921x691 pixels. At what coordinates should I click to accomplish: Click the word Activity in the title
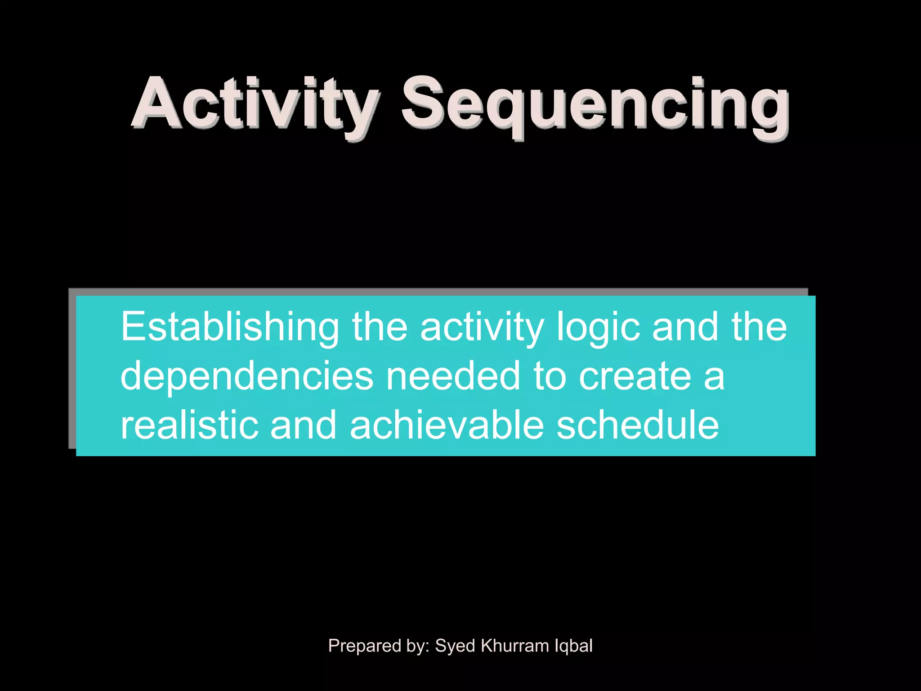point(255,104)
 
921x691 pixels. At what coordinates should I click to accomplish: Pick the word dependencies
point(246,376)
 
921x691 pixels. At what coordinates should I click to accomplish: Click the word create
point(635,376)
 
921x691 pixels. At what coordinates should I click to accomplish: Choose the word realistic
point(189,425)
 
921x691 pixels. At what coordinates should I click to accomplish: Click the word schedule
point(638,425)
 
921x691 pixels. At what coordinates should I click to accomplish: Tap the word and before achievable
point(304,425)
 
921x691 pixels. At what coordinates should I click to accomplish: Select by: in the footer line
point(418,646)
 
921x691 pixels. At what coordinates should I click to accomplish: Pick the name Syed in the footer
point(455,646)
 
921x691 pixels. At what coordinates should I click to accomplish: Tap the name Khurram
point(514,646)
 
